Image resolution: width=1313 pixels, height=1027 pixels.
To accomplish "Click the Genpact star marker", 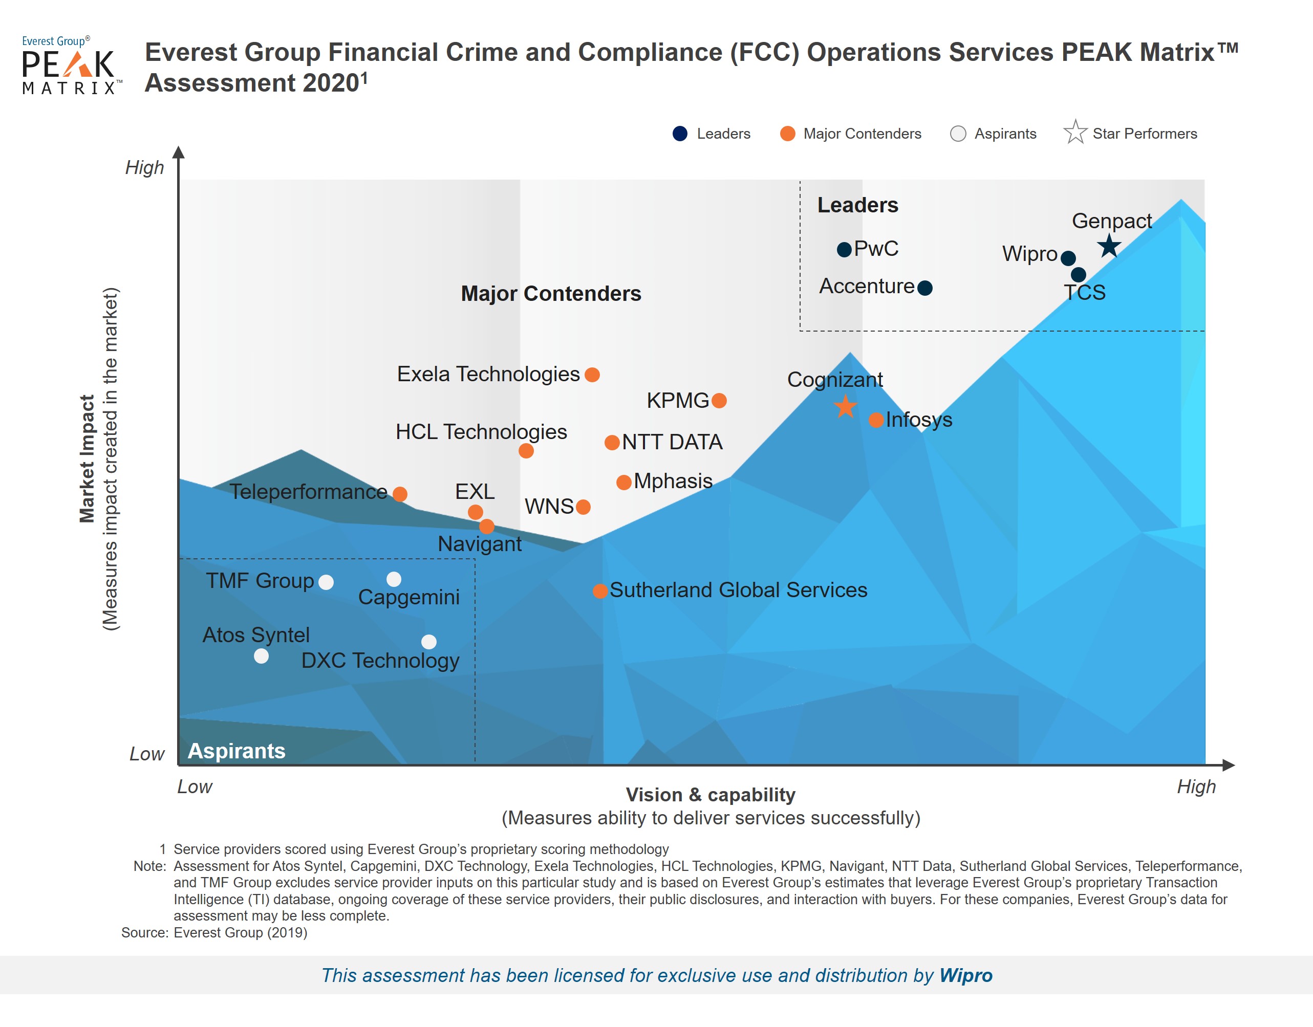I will tap(1109, 246).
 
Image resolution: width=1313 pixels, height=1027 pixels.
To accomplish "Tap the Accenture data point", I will tap(925, 288).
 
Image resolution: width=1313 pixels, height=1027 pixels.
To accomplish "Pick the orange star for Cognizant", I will tap(845, 407).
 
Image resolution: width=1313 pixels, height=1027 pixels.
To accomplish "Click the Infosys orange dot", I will tap(876, 420).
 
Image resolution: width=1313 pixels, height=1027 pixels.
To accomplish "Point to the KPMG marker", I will tap(719, 401).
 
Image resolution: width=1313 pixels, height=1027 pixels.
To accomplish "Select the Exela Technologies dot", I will tap(592, 375).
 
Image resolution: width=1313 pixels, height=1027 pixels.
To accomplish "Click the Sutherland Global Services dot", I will tap(599, 591).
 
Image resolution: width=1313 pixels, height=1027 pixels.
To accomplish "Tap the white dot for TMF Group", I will tap(326, 582).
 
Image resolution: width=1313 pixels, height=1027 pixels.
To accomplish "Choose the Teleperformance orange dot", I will tap(400, 494).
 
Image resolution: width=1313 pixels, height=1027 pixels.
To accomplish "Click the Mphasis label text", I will tap(673, 481).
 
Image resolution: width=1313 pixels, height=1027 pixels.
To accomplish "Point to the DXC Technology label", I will tap(380, 660).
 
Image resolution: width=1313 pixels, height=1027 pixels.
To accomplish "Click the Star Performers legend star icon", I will tap(1075, 133).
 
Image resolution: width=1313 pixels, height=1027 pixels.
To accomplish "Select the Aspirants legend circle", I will tap(958, 134).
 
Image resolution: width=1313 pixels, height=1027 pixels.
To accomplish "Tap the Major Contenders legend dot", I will tap(787, 134).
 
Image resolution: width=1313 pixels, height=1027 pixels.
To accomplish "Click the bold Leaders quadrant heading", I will tap(857, 205).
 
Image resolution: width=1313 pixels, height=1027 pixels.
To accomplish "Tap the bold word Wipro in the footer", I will tap(965, 975).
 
